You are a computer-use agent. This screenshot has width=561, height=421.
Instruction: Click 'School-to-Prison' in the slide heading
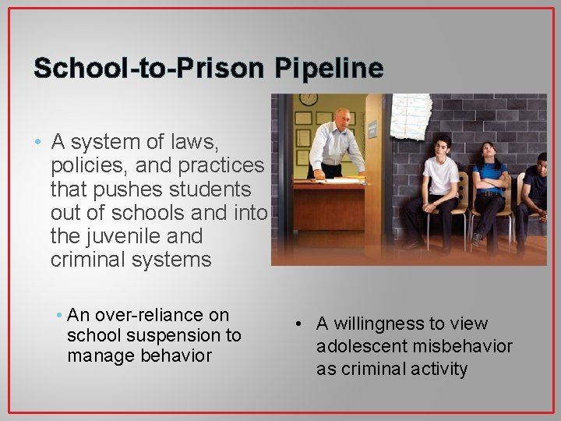click(145, 69)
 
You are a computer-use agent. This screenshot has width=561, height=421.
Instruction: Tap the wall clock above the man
click(309, 99)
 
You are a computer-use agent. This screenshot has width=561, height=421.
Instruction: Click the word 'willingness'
click(381, 324)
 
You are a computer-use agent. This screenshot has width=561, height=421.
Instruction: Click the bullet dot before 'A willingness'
click(297, 324)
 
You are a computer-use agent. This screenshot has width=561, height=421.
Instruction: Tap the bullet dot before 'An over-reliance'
click(60, 315)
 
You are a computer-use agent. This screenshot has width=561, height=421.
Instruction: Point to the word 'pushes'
click(122, 189)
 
